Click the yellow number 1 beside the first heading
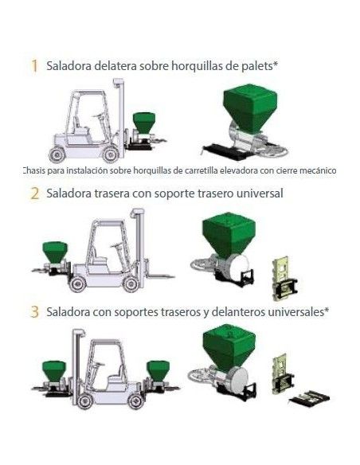[x=34, y=65]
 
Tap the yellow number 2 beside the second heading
[x=35, y=193]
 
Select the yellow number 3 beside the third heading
[x=35, y=311]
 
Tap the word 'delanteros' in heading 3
[x=238, y=311]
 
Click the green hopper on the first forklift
[x=144, y=122]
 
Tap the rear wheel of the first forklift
[x=57, y=154]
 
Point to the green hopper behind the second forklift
[x=55, y=252]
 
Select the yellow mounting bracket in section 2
[x=284, y=279]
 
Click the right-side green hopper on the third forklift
[x=158, y=370]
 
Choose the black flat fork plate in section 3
[x=310, y=398]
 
